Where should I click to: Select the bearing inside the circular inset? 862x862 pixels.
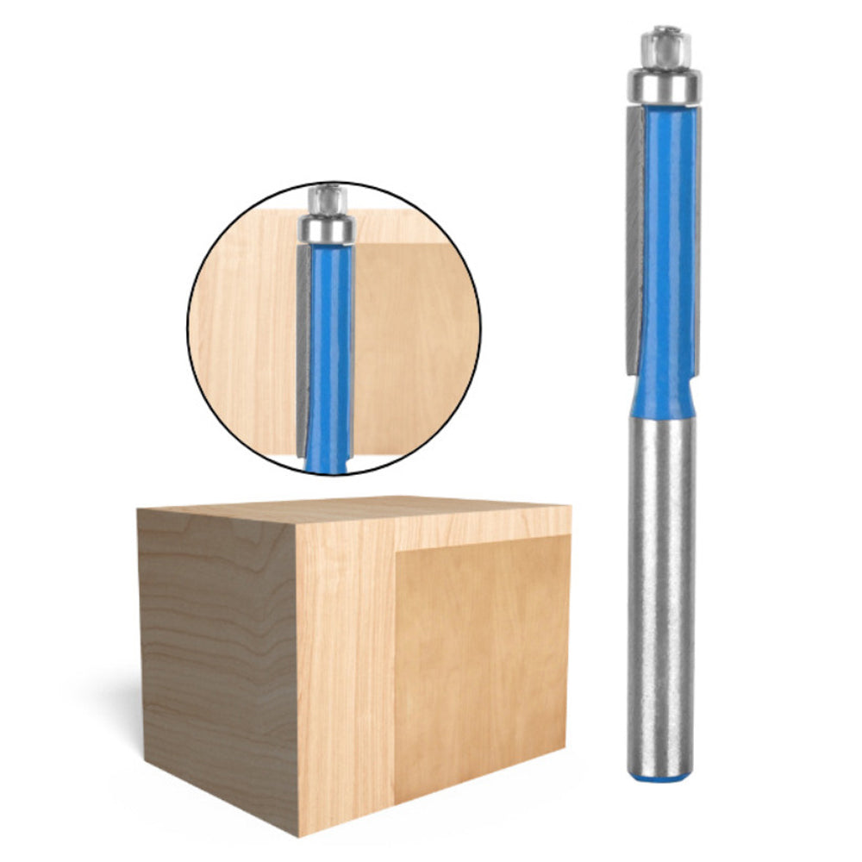point(327,230)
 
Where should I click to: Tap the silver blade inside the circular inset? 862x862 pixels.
point(303,353)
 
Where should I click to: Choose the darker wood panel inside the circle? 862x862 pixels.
point(409,345)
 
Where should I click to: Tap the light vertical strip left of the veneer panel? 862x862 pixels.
point(345,672)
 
